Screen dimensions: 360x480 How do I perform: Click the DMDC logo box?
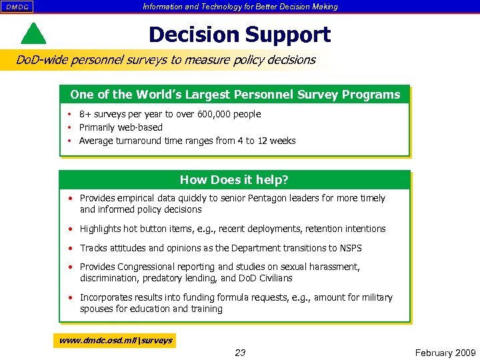tap(17, 7)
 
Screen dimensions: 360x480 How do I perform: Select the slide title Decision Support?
tap(239, 34)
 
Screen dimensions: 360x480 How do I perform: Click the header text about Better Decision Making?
tap(240, 7)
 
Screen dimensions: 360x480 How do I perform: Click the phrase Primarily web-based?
tap(121, 127)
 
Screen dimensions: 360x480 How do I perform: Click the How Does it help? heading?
tap(234, 180)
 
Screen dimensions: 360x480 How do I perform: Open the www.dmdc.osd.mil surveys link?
tap(115, 340)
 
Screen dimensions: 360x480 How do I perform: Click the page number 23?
tap(240, 353)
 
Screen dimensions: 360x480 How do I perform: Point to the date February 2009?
tap(445, 353)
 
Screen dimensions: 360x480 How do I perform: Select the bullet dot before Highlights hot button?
tap(70, 229)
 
